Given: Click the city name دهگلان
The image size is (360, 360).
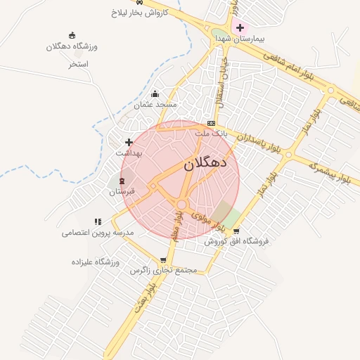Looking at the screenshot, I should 205,164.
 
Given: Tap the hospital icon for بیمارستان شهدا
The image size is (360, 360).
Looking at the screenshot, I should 240,27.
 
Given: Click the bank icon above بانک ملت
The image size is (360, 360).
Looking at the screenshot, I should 211,123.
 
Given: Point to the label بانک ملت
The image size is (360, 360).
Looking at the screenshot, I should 212,132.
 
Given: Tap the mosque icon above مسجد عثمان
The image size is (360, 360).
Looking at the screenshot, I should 155,94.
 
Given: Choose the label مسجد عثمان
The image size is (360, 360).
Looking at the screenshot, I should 155,104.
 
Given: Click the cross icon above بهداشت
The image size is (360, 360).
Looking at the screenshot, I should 129,142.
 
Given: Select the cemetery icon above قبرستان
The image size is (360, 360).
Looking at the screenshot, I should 122,181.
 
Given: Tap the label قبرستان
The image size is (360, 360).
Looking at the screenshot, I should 122,191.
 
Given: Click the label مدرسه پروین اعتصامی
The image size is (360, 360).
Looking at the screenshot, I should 98,232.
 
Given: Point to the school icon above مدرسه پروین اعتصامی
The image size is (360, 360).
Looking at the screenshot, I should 98,222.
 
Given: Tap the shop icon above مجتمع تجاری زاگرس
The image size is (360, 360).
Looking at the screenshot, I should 164,260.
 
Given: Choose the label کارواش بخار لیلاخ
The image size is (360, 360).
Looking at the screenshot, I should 140,13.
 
